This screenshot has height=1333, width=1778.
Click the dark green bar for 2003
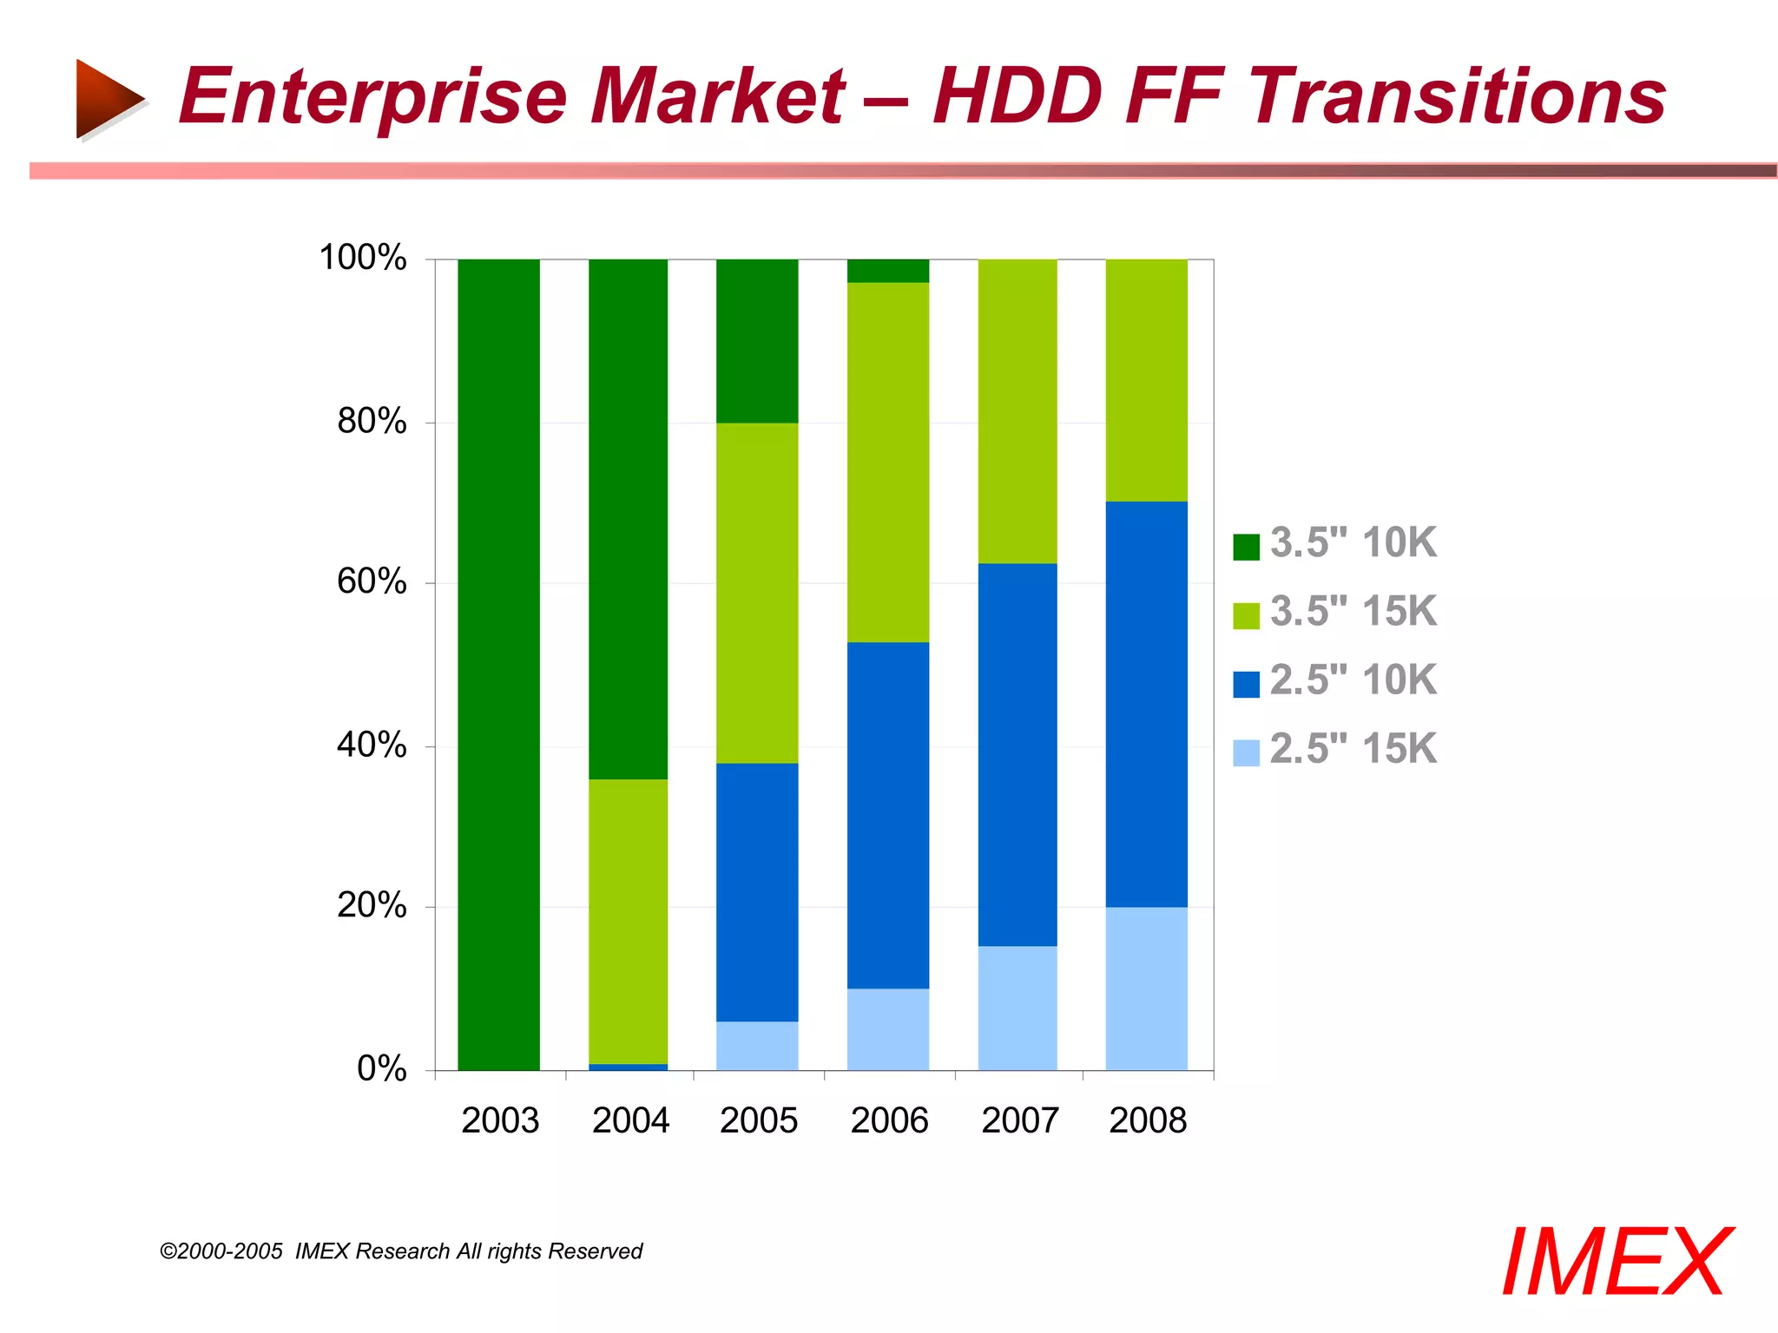[x=498, y=664]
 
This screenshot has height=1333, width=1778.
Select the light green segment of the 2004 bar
[x=628, y=921]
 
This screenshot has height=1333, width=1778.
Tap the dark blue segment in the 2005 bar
[x=756, y=891]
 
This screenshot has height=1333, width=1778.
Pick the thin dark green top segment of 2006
[x=887, y=271]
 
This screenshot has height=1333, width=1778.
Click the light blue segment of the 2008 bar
[x=1146, y=988]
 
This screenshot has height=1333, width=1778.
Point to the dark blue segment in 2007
[x=1017, y=754]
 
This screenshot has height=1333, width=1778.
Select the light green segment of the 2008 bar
[x=1146, y=380]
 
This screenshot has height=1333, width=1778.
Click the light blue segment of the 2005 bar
[x=756, y=1046]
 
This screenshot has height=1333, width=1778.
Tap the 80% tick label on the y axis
[x=372, y=422]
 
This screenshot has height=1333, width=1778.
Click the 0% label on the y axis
[x=381, y=1068]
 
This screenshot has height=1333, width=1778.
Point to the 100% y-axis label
[x=363, y=258]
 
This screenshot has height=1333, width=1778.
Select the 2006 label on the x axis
[x=889, y=1120]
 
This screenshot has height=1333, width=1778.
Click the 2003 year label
[x=500, y=1120]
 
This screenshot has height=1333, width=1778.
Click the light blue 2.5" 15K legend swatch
[x=1246, y=752]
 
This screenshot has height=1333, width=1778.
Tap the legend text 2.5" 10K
[x=1353, y=680]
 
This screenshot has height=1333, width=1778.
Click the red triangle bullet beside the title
[x=109, y=98]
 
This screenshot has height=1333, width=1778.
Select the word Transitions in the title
[x=1456, y=97]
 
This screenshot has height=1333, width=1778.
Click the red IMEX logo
[x=1616, y=1263]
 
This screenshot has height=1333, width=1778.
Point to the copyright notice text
[x=401, y=1251]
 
